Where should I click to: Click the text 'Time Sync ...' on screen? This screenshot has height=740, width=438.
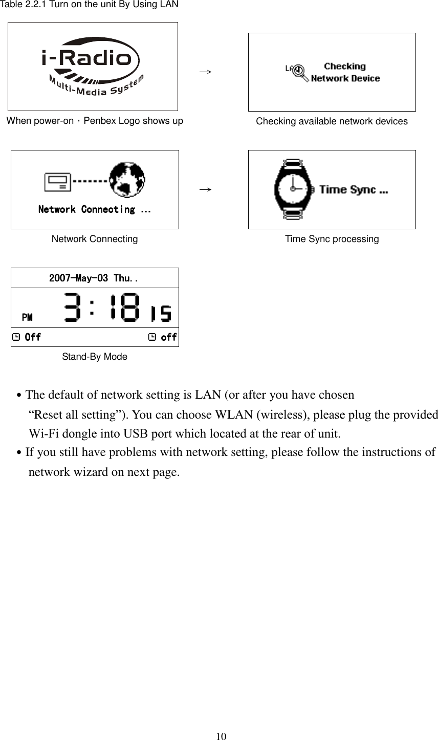[x=353, y=190]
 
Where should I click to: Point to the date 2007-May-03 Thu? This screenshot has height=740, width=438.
[x=94, y=278]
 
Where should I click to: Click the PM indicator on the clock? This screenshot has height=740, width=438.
[x=27, y=317]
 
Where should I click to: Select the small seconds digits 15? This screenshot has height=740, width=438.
[x=160, y=313]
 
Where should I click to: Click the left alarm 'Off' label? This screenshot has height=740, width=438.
[x=33, y=337]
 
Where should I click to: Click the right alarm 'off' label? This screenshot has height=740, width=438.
[x=168, y=337]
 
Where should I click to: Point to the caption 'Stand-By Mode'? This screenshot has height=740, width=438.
[x=95, y=357]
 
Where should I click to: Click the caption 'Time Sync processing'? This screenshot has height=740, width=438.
[x=332, y=239]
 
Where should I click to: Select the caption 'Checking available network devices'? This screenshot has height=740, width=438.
[x=332, y=121]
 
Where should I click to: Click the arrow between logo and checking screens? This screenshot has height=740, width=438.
[x=206, y=72]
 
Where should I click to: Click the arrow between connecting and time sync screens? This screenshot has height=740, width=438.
[x=206, y=189]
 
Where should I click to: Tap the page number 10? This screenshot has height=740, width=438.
[x=221, y=736]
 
